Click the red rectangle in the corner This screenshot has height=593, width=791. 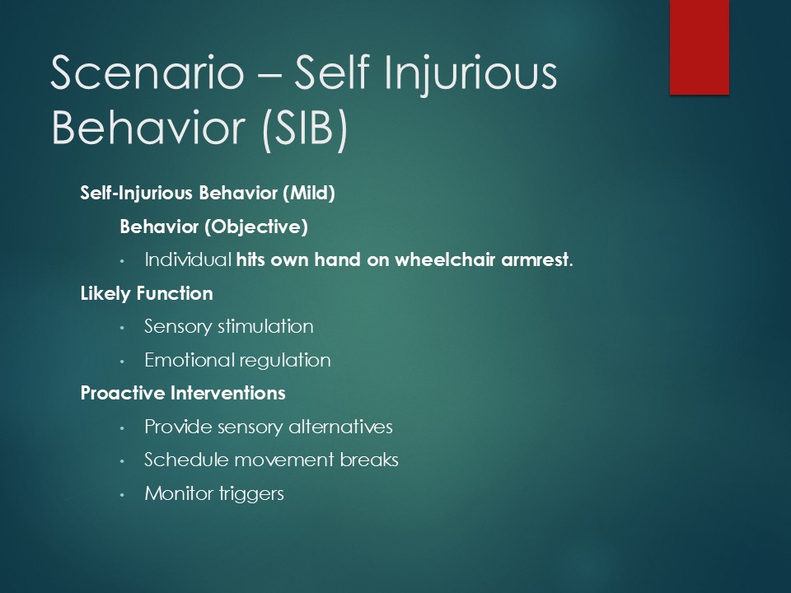pos(700,47)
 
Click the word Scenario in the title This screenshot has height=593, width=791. pos(147,72)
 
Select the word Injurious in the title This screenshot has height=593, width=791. pos(470,75)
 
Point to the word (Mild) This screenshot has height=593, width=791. pos(309,193)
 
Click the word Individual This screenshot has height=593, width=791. pos(188,259)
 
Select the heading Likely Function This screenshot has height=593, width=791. pos(147,294)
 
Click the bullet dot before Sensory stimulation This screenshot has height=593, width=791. pos(122,328)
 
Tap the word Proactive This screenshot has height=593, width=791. pos(123,394)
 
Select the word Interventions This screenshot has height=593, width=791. pos(227,394)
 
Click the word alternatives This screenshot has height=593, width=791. pos(340,427)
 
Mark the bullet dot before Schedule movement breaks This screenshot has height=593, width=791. pos(122,461)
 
